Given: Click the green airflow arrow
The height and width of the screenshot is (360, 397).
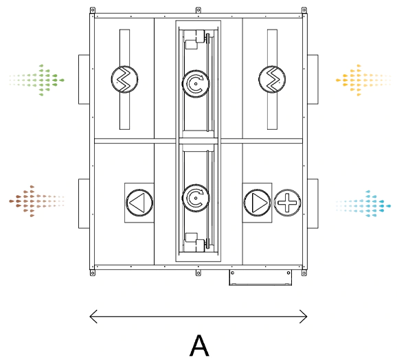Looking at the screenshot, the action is pos(37,80).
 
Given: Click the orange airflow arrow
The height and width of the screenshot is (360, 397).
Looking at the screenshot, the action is pos(363,80).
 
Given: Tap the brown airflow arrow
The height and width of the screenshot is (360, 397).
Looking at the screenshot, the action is pos(36,201).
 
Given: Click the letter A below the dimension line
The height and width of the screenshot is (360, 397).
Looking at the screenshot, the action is pos(199,346).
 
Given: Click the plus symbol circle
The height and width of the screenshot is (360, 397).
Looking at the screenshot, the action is pos(287,203).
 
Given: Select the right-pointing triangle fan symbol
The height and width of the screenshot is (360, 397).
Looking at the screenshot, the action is pos(257,203).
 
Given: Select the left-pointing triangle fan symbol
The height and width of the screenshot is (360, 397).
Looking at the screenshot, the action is pos(139,203).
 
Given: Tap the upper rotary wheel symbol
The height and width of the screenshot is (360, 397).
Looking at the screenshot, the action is pos(196,84).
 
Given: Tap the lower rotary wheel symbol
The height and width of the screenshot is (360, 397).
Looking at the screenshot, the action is pos(196,198).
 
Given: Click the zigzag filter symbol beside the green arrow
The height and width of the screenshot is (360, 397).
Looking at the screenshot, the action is pos(124,79).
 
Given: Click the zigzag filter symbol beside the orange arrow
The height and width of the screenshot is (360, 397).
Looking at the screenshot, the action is pos(272,79).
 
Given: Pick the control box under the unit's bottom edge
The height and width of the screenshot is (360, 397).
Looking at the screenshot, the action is pos(260,278).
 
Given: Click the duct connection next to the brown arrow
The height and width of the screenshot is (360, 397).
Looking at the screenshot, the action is pos(84,203).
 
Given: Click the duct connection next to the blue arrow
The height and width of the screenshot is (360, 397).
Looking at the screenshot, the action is pos(313,203).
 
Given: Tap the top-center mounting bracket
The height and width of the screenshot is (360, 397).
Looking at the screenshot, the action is pos(198,10).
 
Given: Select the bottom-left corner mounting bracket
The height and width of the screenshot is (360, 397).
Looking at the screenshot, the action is pos(93,273).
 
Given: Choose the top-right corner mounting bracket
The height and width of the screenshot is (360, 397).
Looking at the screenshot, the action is pos(304,10).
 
